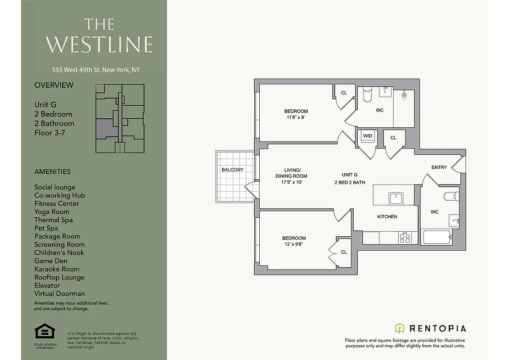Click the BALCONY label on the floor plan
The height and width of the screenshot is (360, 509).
click(232, 170)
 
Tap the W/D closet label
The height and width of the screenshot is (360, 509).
click(367, 135)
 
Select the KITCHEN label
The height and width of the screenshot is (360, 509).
click(387, 216)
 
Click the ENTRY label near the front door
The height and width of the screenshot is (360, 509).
click(439, 167)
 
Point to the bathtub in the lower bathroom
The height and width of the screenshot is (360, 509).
click(437, 237)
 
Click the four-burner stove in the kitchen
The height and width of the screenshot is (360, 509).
click(405, 238)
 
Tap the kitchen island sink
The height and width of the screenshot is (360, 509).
click(396, 198)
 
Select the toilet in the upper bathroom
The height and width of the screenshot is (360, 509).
click(367, 95)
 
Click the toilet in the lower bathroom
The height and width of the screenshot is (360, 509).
click(450, 196)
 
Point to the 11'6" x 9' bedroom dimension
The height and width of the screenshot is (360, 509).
click(296, 117)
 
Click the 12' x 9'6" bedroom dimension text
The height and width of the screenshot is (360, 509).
click(294, 244)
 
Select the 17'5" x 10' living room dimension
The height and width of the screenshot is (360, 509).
click(291, 182)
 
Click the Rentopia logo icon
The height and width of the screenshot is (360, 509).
click(400, 328)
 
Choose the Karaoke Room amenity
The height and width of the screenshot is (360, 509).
click(57, 269)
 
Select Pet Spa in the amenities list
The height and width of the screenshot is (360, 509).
click(46, 228)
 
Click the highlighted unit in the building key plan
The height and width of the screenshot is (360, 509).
click(106, 129)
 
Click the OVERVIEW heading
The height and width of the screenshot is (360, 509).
click(54, 85)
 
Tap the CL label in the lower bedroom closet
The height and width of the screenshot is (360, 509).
click(344, 252)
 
